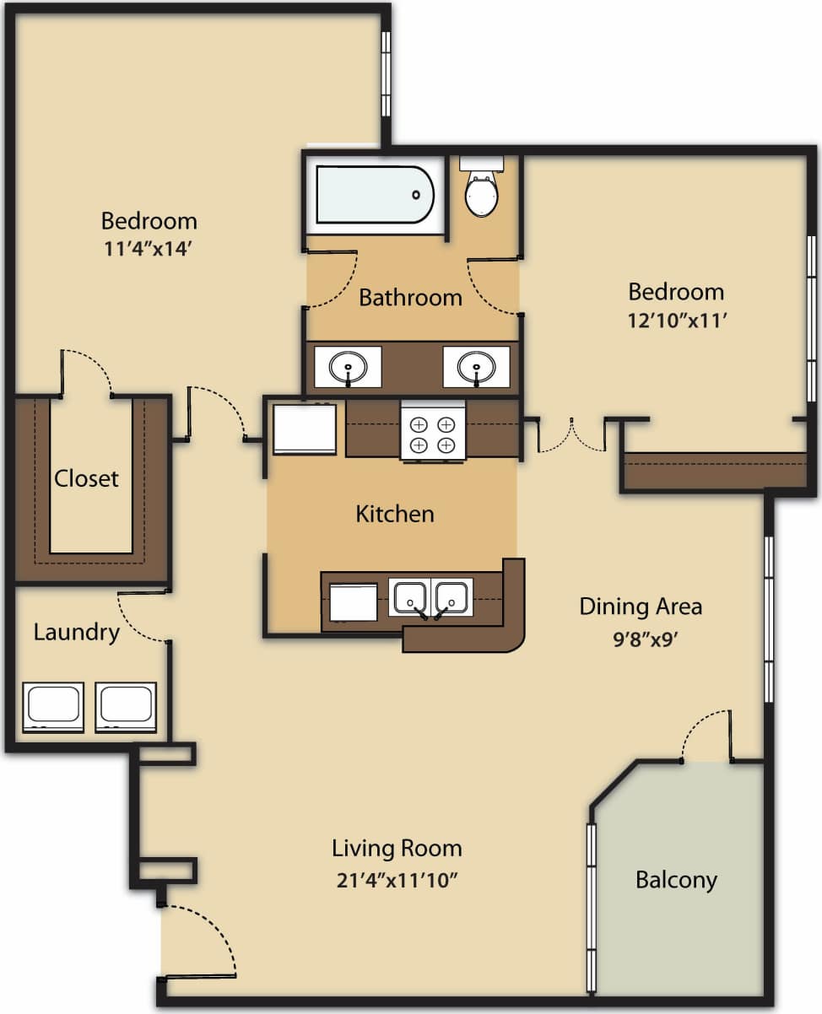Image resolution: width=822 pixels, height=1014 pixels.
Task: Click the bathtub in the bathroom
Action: coord(374,195)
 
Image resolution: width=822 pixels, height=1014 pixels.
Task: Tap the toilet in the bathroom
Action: coord(481,191)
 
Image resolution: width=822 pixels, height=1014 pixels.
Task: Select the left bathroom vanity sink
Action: coord(347,367)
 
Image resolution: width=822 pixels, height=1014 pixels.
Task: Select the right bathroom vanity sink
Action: coord(476,367)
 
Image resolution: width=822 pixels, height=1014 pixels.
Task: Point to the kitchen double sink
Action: coord(430,596)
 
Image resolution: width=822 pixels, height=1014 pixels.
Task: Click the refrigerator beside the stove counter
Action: coord(304,429)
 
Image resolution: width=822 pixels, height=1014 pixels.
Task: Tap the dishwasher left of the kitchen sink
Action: coord(353,601)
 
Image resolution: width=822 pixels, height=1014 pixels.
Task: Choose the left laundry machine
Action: coord(53,706)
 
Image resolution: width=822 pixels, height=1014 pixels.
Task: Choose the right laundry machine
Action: coord(126,706)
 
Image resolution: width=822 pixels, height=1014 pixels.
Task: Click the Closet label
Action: coord(87,478)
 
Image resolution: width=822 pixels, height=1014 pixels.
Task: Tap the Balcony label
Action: coord(676,880)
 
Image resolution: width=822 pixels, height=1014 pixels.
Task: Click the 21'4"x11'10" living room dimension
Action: coord(396,880)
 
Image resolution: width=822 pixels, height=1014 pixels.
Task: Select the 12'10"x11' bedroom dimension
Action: coord(676,321)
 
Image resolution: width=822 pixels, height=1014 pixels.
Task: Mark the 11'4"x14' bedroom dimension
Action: coord(149,251)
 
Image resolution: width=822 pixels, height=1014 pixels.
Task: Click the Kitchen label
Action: coord(395,514)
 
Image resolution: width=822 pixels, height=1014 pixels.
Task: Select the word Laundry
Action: coord(76,632)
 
